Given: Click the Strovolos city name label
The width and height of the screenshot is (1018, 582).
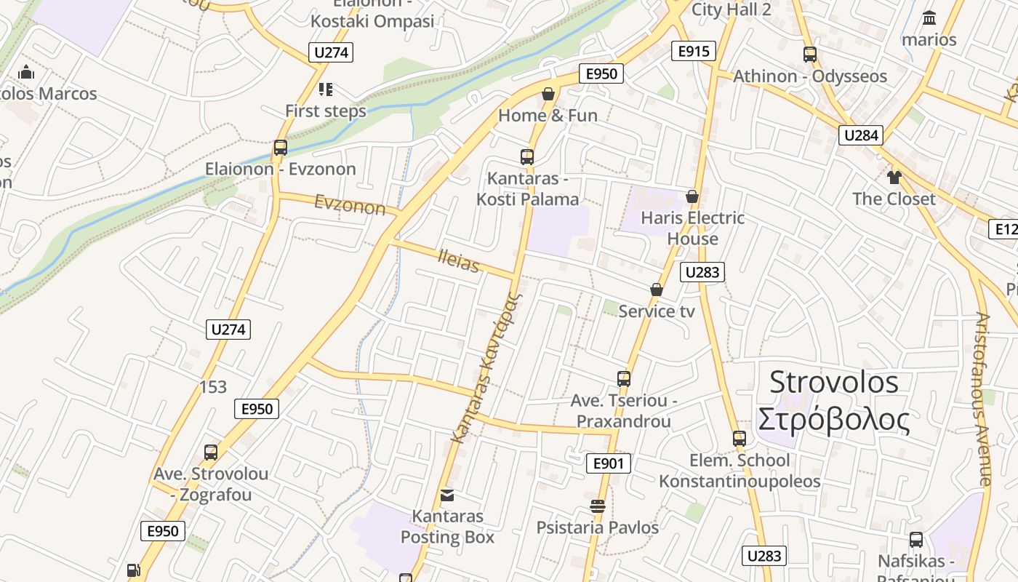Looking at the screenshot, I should (x=833, y=401).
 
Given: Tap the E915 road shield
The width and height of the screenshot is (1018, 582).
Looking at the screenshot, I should (x=693, y=51).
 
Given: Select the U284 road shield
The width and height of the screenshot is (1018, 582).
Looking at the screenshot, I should (x=861, y=135).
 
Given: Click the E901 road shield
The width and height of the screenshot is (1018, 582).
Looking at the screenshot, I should (x=608, y=463).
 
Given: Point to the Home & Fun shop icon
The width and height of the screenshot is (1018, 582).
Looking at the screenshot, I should (x=548, y=94).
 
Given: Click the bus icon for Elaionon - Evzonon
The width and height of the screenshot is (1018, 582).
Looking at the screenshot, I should (x=280, y=148).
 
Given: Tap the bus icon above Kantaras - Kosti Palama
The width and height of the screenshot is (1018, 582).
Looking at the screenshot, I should (x=527, y=156).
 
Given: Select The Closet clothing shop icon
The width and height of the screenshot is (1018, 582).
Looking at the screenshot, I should (x=894, y=177).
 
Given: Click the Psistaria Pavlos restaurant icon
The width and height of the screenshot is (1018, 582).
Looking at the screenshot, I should (x=598, y=506).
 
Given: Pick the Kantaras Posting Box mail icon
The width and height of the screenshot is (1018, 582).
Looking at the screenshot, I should (x=447, y=495).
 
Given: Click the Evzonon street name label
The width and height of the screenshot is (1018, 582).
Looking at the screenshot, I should (x=350, y=205).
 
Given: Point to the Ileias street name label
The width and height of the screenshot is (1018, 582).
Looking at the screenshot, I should (x=459, y=260).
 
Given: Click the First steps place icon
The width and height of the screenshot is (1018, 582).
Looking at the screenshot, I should (x=325, y=89).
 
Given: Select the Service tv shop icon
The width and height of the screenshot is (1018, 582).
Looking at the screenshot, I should (x=657, y=290).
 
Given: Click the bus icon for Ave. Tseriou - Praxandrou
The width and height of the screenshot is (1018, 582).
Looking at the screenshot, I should (x=623, y=378).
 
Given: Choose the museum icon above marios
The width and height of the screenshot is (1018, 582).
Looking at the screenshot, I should (x=929, y=17).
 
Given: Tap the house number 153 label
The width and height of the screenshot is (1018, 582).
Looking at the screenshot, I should (x=213, y=387).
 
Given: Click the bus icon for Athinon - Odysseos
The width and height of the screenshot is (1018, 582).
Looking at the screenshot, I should (x=809, y=54).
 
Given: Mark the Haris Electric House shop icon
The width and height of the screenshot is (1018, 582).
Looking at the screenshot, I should (x=692, y=196).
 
